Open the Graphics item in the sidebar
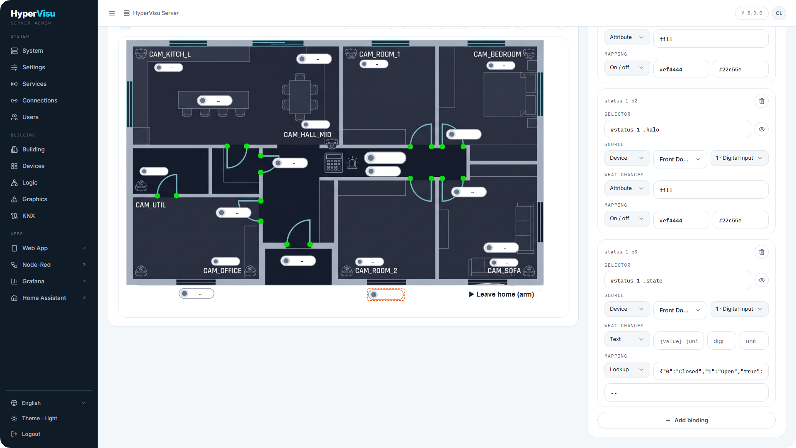[35, 199]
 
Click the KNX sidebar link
[29, 216]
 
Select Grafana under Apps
[33, 281]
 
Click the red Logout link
[31, 434]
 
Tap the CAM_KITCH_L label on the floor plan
[170, 54]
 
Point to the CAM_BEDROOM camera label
[498, 54]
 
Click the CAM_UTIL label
[150, 205]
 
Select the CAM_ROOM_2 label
[376, 271]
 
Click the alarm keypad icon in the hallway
[333, 163]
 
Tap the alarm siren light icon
[352, 163]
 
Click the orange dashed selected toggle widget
[386, 295]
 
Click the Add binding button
[687, 420]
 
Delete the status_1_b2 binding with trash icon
[762, 101]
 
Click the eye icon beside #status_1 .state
[762, 280]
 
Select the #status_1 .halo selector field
[677, 129]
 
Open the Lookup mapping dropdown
[627, 370]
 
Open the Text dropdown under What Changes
[627, 339]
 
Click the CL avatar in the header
[779, 13]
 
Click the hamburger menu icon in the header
[112, 13]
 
